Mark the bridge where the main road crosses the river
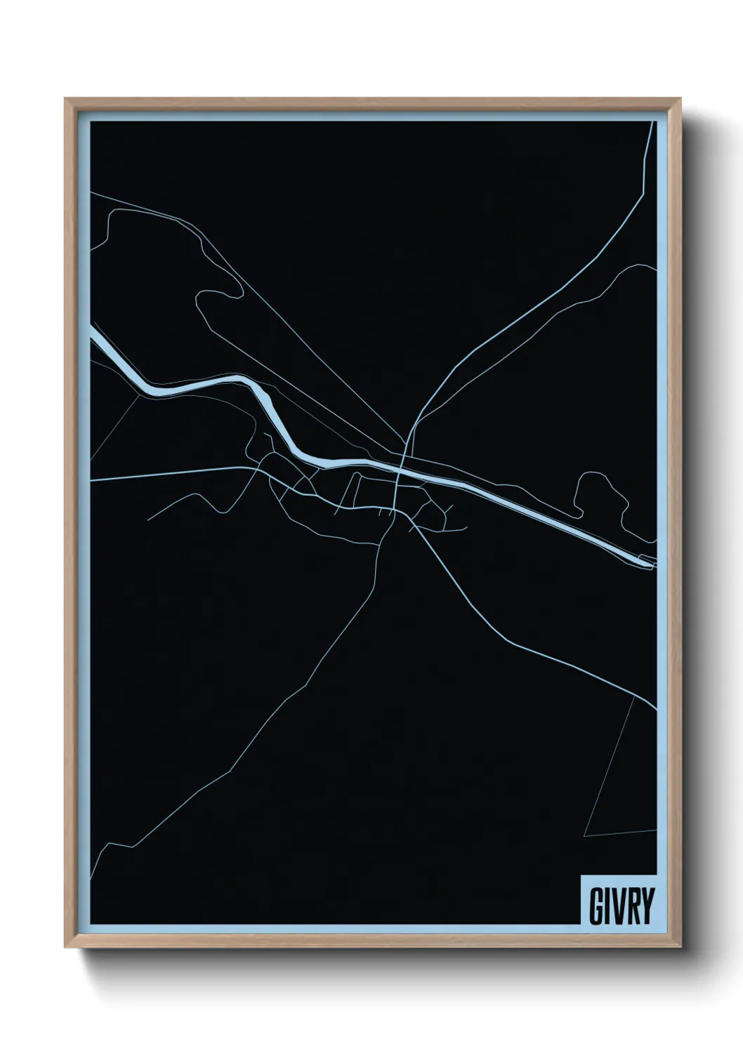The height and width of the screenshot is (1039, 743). click(400, 466)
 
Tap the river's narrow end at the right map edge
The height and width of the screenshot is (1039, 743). click(647, 560)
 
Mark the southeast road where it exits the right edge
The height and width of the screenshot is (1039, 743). click(655, 707)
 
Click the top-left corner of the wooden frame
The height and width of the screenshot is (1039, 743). click(66, 100)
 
